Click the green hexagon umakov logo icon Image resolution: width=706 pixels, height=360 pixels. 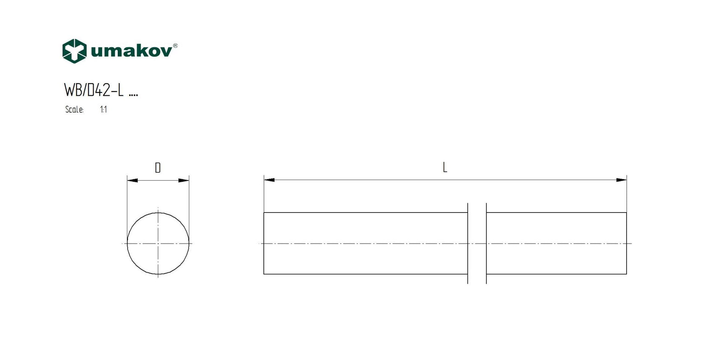pyautogui.click(x=74, y=51)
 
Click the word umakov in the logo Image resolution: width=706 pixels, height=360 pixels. pyautogui.click(x=131, y=51)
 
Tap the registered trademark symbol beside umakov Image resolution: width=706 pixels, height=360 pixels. pyautogui.click(x=175, y=45)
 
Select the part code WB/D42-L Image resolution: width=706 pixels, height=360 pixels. pyautogui.click(x=94, y=90)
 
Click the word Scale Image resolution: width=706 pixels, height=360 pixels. pyautogui.click(x=74, y=110)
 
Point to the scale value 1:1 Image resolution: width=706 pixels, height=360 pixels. pyautogui.click(x=103, y=110)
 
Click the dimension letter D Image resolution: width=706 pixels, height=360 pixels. pyautogui.click(x=158, y=168)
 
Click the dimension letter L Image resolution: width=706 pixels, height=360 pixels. pyautogui.click(x=445, y=168)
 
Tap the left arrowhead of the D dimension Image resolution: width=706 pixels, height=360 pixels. pyautogui.click(x=132, y=181)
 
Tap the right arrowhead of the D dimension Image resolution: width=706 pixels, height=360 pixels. pyautogui.click(x=184, y=181)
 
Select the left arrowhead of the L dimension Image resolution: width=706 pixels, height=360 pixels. pyautogui.click(x=269, y=180)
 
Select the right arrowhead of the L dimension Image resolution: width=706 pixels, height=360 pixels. pyautogui.click(x=621, y=180)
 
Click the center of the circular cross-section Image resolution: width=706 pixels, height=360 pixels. pyautogui.click(x=158, y=244)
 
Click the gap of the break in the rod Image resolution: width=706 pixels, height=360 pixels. pyautogui.click(x=477, y=244)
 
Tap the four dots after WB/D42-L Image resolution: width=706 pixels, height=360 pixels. pyautogui.click(x=133, y=95)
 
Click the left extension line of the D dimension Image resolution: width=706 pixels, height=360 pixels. pyautogui.click(x=127, y=202)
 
